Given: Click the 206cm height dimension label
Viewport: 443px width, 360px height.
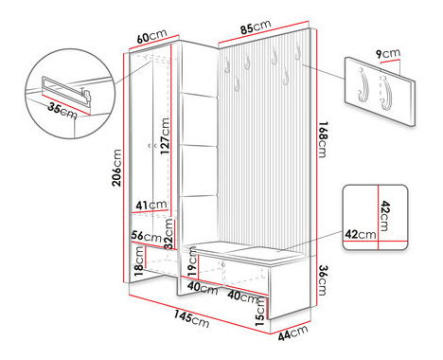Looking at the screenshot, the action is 116,168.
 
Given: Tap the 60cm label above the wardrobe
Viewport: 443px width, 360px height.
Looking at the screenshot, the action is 151,36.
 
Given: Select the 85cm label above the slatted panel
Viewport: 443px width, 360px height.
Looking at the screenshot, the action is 256,27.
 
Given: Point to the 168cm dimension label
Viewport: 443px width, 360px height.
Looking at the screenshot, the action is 323,139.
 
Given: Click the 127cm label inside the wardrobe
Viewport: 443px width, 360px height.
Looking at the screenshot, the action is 165,135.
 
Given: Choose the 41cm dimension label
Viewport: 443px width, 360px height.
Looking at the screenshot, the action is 151,206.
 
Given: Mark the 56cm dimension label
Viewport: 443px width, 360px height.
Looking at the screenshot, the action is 147,236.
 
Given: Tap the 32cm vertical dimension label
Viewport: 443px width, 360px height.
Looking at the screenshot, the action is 168,234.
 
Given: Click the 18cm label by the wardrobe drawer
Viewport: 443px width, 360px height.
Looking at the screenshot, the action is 139,261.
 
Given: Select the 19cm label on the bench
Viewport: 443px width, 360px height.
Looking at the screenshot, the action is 192,262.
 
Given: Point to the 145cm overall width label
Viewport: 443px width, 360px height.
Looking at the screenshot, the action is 191,318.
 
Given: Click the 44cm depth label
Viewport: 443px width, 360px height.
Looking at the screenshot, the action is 292,333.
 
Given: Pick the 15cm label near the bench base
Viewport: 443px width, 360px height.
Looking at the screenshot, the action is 260,312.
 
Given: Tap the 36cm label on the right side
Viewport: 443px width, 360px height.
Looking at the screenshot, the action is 323,280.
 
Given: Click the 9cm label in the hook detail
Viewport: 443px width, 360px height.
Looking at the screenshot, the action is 388,53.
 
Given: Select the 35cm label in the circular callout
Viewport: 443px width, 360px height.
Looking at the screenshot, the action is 62,111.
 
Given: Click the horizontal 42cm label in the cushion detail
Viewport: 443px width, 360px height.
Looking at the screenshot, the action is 361,234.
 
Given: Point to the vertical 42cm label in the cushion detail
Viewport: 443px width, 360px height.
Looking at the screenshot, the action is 385,216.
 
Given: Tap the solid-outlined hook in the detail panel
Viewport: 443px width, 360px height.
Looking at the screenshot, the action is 363,85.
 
